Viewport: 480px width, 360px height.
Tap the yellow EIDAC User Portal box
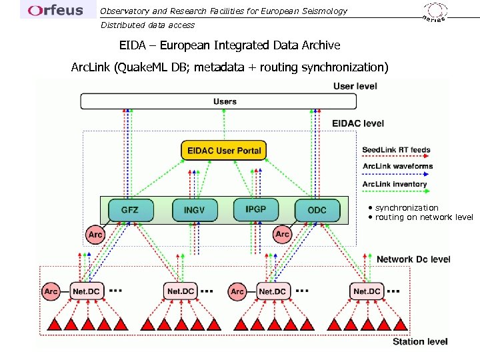click(x=223, y=151)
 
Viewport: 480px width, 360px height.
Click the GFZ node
click(x=131, y=210)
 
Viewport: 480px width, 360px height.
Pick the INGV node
click(x=195, y=210)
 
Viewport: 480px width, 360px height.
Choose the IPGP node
click(x=256, y=209)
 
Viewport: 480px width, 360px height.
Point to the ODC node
click(x=317, y=210)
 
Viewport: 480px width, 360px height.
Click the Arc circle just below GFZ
click(x=95, y=234)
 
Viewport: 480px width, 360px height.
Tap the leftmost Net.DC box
click(x=87, y=291)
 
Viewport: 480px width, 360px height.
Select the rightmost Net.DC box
click(x=367, y=291)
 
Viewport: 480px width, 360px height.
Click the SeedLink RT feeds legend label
click(x=396, y=150)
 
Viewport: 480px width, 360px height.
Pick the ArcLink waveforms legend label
click(x=397, y=166)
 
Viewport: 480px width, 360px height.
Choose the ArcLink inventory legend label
click(x=395, y=184)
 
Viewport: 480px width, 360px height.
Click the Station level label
click(x=420, y=341)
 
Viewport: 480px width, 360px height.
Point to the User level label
click(x=355, y=86)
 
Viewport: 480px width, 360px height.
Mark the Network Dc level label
click(x=413, y=259)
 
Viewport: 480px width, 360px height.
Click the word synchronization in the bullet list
click(x=407, y=208)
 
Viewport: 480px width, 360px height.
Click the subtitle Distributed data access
click(x=147, y=25)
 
